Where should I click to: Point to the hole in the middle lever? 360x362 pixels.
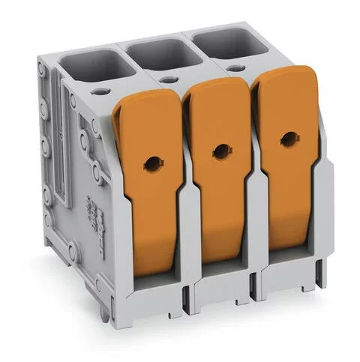pos(219,151)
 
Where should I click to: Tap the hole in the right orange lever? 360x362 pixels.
pos(288,139)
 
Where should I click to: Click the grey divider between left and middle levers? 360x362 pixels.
pos(184,225)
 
